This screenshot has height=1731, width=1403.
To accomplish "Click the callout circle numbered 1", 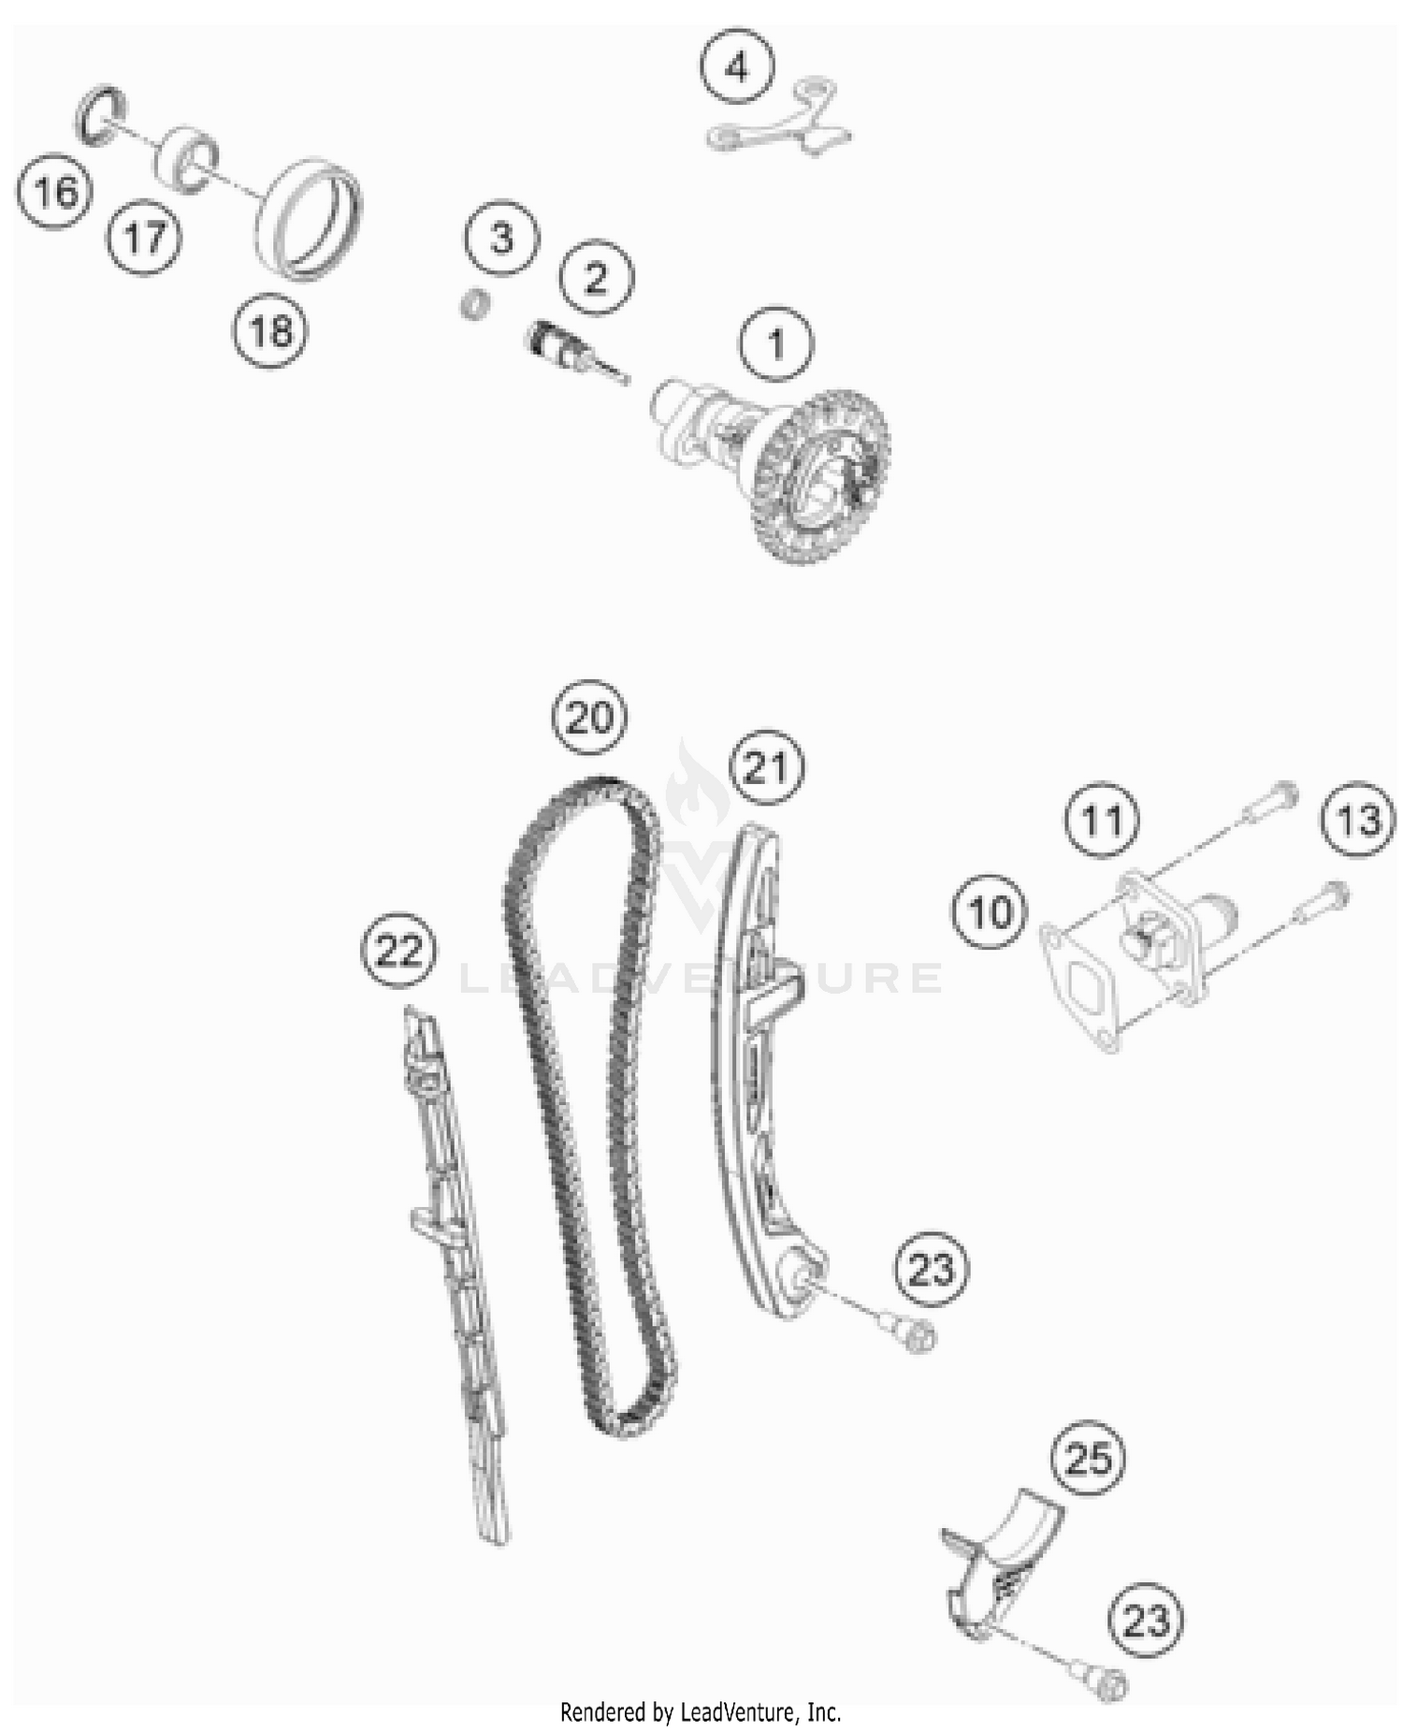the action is (x=775, y=343).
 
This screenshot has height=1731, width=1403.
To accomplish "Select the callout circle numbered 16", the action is (x=55, y=192).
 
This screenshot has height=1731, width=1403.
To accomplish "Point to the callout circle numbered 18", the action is (x=270, y=330).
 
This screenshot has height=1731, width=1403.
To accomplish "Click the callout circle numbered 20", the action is (x=589, y=717).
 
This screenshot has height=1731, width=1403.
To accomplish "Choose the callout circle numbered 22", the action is (x=399, y=951).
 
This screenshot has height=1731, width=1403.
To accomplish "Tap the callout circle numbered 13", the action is (x=1358, y=820).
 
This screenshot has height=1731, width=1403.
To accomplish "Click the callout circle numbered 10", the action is (x=990, y=911).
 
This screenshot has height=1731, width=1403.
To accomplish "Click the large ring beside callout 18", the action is (x=309, y=220).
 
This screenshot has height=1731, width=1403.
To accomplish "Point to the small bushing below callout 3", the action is (x=477, y=304).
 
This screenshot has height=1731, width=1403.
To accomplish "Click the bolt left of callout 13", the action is (x=1268, y=805).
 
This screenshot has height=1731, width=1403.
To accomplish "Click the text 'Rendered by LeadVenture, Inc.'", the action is (x=701, y=1712).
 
